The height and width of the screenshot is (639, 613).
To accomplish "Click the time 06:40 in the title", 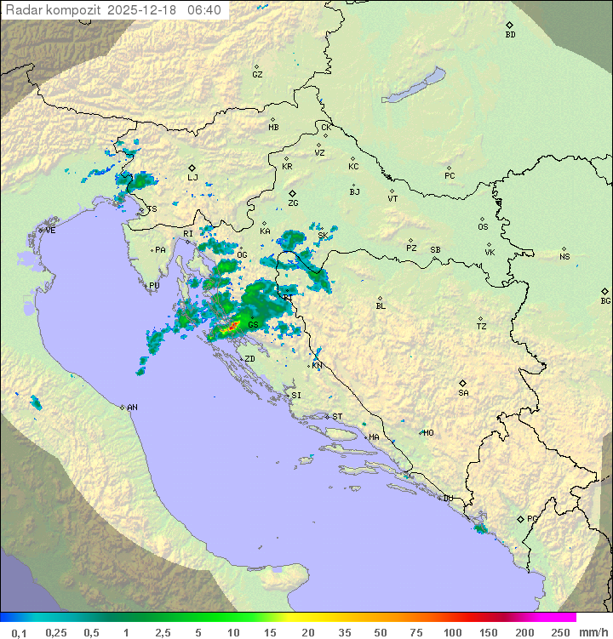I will [204, 9].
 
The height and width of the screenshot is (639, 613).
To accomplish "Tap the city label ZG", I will [293, 203].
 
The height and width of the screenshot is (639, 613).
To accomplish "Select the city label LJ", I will [192, 177].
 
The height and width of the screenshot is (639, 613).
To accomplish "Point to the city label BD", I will [510, 34].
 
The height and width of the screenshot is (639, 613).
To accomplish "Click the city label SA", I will [463, 392].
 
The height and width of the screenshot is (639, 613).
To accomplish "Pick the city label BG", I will [605, 300].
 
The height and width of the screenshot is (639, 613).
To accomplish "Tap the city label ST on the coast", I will [337, 417].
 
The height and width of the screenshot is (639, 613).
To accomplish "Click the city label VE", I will [50, 231].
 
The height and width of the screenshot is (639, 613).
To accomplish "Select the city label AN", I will [132, 408].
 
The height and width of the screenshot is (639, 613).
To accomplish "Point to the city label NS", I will [564, 257].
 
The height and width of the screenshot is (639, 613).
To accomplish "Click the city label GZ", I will [257, 74].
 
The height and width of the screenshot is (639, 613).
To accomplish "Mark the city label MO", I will [428, 432].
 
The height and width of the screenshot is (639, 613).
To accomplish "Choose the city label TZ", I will [482, 326].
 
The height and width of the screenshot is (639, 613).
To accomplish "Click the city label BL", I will [381, 305].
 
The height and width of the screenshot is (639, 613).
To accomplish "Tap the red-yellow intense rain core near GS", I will [231, 326].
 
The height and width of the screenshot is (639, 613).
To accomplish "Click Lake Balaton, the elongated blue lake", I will [414, 86].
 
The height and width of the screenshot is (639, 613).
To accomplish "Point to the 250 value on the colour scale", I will [560, 632].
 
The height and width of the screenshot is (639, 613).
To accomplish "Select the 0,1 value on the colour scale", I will [19, 632].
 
